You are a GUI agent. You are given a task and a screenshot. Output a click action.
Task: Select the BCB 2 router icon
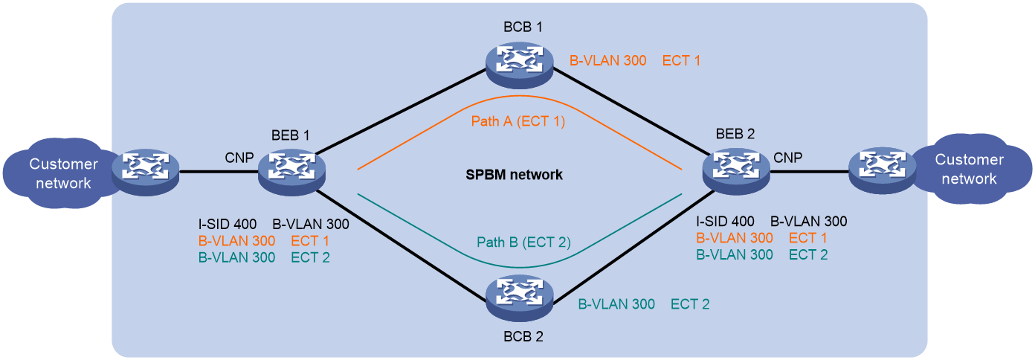519,296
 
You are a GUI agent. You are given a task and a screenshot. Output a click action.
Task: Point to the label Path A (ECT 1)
518,120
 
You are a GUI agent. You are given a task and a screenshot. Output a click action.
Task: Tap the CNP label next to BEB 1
239,158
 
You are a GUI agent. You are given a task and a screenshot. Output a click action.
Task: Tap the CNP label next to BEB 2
788,158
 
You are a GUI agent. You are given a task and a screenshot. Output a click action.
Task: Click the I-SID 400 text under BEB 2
725,221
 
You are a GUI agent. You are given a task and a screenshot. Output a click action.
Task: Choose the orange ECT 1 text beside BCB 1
681,60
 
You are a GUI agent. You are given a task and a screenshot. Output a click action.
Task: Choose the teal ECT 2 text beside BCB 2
690,304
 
